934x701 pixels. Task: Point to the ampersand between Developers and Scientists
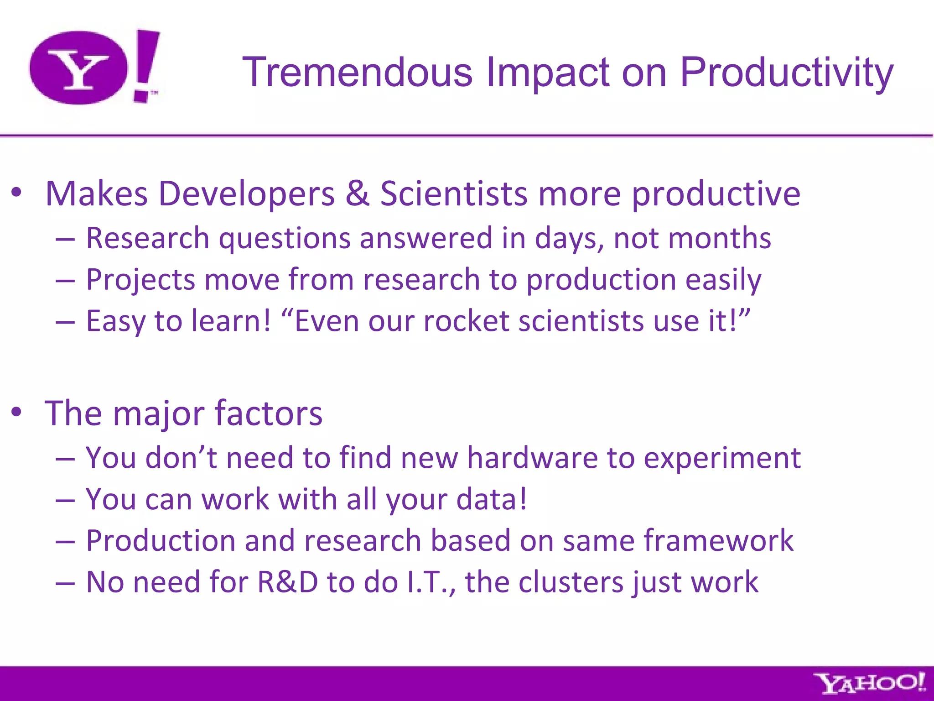tap(357, 194)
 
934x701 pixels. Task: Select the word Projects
tap(140, 280)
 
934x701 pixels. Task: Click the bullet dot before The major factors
tap(17, 412)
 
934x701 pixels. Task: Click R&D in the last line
tap(287, 582)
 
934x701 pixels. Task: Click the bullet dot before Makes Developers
tap(17, 193)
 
